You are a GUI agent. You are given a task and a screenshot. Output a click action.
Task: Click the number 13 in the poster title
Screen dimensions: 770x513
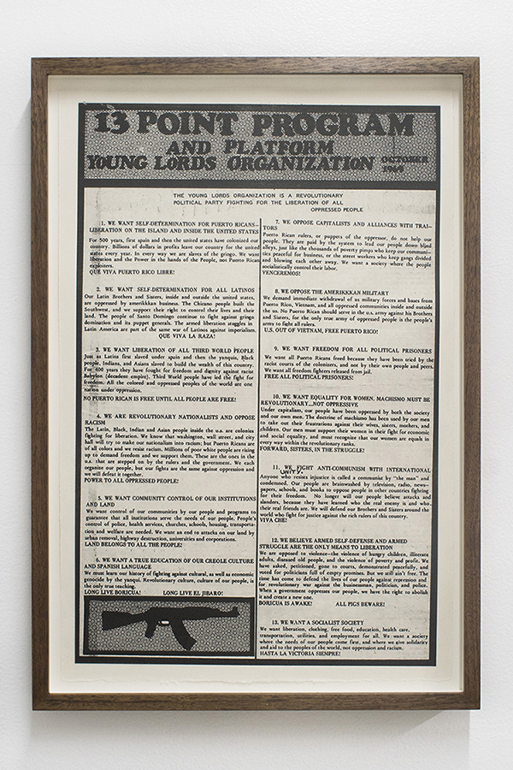(x=112, y=124)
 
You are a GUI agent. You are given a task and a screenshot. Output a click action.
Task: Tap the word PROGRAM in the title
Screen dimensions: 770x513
(x=343, y=126)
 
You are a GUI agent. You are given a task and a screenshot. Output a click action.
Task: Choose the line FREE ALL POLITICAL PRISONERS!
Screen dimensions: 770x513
(x=308, y=376)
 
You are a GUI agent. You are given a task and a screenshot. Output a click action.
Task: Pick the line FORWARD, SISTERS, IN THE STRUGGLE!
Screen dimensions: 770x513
(x=313, y=448)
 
